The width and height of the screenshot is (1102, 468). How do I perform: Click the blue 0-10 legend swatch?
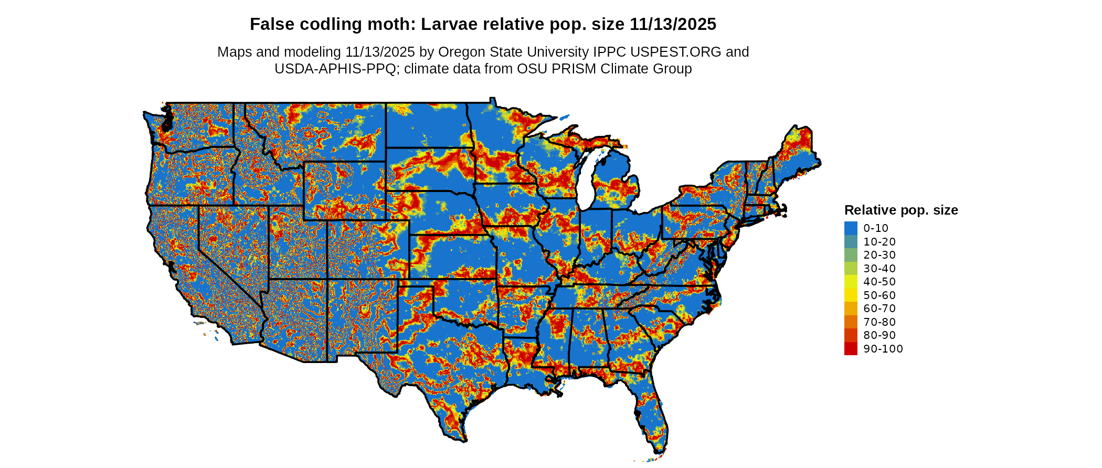(x=851, y=228)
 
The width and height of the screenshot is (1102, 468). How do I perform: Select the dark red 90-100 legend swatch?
(x=851, y=349)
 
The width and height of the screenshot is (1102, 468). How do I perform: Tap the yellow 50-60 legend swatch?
(x=851, y=295)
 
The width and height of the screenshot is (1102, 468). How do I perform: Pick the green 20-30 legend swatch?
(x=851, y=255)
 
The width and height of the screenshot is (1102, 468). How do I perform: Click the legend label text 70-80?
(x=880, y=322)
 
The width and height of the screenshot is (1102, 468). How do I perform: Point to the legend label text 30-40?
(x=880, y=269)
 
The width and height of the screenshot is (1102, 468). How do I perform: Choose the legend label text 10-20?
(x=880, y=242)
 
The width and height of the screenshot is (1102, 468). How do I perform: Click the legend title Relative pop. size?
(x=901, y=210)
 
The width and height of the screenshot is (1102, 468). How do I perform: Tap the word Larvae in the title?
(x=448, y=25)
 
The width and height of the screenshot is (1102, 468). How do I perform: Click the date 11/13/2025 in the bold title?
(x=673, y=25)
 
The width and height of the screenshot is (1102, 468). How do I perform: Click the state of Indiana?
(x=596, y=236)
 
